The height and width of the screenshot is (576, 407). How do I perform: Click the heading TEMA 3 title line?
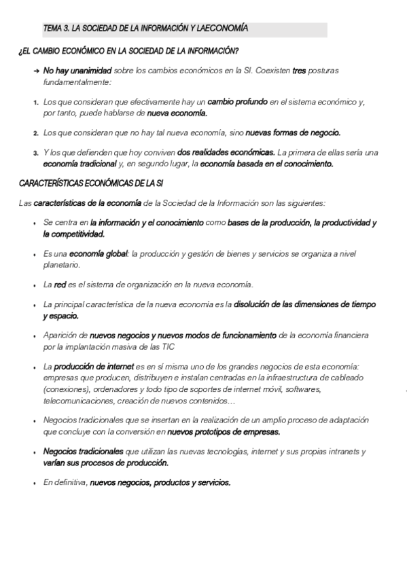(x=145, y=29)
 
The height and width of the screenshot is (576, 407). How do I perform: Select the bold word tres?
(x=298, y=71)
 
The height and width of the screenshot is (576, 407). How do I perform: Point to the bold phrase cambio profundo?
(x=237, y=102)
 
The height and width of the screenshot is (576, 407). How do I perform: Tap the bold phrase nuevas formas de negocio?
(x=293, y=133)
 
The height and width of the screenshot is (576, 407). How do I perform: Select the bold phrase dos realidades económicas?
(x=226, y=153)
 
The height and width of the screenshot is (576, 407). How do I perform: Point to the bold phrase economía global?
(x=99, y=253)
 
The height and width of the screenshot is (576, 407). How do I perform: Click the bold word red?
(x=60, y=284)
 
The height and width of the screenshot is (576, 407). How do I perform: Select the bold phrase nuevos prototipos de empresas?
(x=224, y=431)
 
